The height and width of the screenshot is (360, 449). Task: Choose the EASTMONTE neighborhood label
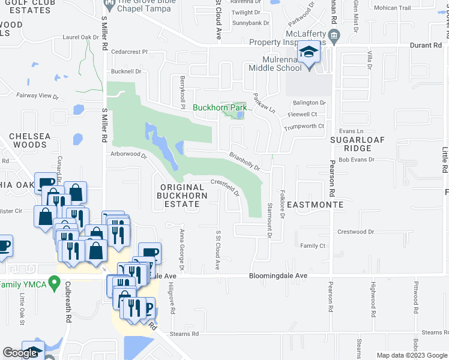[315, 205]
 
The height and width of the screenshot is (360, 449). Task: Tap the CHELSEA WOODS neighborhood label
[29, 140]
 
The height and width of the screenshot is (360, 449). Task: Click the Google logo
[20, 353]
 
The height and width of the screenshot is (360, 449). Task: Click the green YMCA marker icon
[55, 281]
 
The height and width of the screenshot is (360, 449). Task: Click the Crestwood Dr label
[355, 232]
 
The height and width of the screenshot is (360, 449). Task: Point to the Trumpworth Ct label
[304, 126]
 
